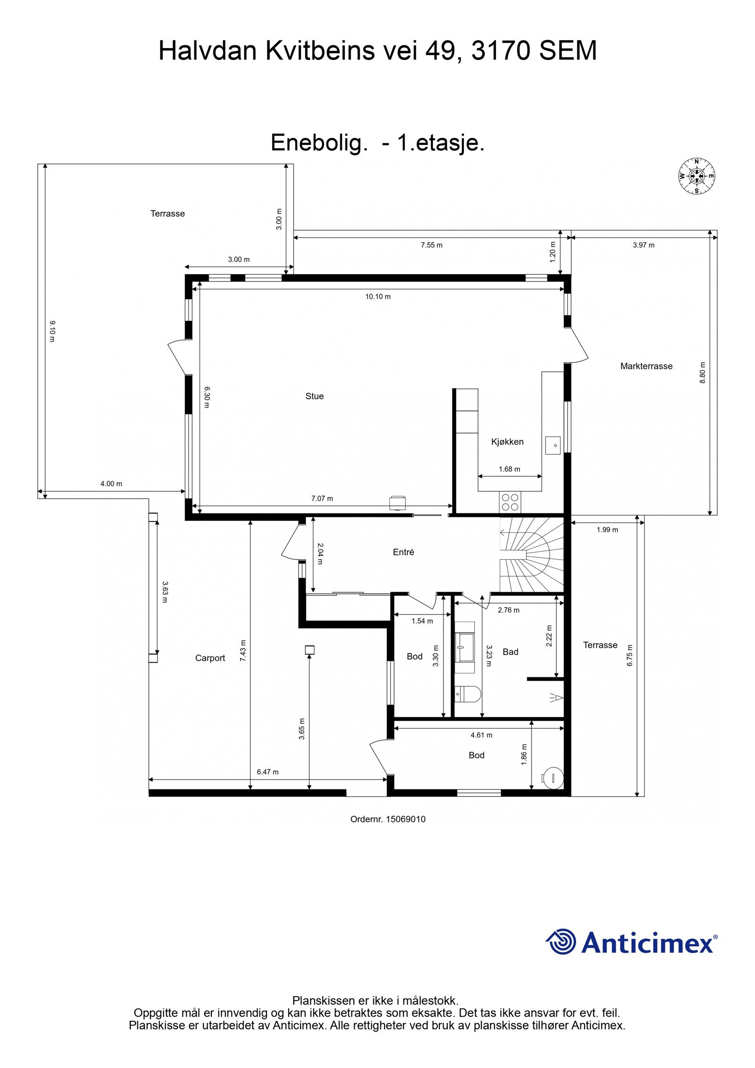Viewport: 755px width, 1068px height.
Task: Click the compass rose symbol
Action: pos(696,176)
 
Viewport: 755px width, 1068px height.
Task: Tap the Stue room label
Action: pos(314,396)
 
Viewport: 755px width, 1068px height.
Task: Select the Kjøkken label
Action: pos(507,442)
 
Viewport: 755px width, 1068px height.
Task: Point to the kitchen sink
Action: pos(553,445)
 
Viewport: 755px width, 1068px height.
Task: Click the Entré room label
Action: pos(403,552)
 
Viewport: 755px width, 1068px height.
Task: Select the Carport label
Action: pos(210,658)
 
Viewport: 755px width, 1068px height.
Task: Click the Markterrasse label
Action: pos(646,366)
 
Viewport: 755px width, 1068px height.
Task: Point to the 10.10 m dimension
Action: pos(378,297)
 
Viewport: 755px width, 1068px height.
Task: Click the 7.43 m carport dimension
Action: pos(243,650)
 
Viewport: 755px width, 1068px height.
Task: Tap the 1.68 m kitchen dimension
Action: pos(510,469)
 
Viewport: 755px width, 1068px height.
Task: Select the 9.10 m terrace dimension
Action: pos(52,331)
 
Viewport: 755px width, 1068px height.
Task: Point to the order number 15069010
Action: pos(406,819)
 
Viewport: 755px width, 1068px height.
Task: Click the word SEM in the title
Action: pos(568,50)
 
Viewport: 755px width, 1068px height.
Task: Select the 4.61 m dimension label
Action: pos(481,735)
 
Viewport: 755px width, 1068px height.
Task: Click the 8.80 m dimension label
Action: pos(702,373)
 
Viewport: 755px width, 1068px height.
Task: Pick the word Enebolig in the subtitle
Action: pos(319,143)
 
